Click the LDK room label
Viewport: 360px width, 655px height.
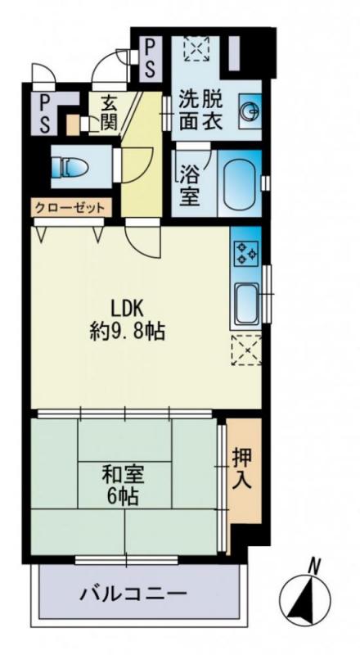126,309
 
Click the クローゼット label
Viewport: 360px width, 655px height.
70,208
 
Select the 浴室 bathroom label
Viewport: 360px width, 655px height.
190,186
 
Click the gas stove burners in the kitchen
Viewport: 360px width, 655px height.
245,251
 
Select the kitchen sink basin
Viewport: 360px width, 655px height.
245,304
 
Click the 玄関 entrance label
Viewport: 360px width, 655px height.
109,113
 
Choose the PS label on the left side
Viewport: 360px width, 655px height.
43,114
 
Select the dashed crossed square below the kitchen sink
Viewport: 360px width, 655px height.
245,351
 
